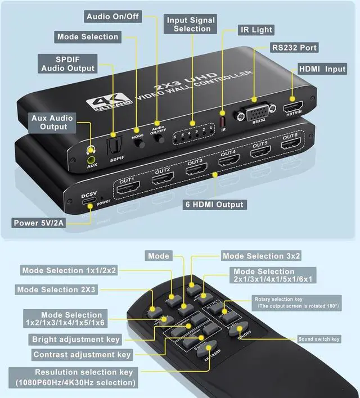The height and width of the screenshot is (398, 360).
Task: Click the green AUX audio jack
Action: point(91,151)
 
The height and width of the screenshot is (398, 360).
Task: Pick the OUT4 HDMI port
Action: point(228,161)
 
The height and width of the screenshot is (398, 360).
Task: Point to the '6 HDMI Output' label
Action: point(214,204)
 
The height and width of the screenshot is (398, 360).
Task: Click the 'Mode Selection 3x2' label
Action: point(262,256)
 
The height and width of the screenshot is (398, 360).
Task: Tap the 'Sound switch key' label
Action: point(319,339)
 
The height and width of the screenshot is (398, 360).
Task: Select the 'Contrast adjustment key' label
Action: point(82,354)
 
